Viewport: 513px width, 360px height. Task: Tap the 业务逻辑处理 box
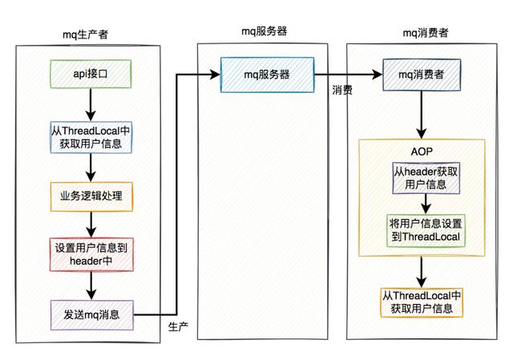[91, 196]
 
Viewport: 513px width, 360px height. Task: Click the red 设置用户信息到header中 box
[91, 255]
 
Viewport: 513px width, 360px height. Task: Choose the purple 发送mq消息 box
[91, 314]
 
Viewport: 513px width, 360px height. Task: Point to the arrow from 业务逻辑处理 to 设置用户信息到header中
[91, 225]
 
